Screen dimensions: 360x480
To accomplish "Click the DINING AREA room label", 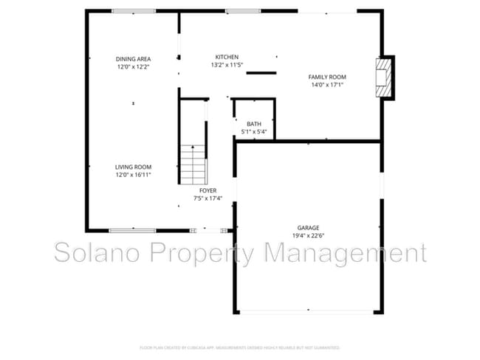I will point(133,58).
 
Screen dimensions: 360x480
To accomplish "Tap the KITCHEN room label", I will point(227,57).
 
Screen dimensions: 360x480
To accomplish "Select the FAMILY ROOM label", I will point(327,77).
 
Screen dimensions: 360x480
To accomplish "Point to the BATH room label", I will point(254,124).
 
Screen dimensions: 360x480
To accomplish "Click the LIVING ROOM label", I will point(133,167).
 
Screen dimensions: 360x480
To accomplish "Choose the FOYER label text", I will point(208,190).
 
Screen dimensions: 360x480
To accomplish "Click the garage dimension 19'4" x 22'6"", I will point(309,236).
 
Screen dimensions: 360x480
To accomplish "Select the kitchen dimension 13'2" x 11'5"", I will point(227,65).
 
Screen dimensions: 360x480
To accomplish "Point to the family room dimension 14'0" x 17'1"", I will point(327,85).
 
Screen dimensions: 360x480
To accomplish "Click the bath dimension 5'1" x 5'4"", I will point(254,132).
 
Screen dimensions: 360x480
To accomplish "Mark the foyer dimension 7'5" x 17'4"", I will point(208,198).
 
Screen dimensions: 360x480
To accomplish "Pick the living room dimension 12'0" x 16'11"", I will point(133,175).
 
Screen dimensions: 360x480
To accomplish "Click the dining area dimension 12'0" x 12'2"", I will point(133,66).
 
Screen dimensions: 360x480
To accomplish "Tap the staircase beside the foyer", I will point(192,162).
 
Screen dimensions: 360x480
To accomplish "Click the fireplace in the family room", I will point(383,77).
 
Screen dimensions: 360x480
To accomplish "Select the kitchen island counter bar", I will point(261,72).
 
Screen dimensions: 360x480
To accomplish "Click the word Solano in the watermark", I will point(100,254).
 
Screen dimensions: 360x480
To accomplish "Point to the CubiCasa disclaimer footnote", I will point(240,346).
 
